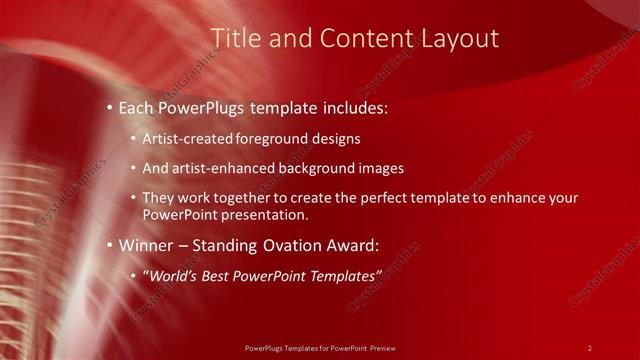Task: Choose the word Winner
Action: [147, 245]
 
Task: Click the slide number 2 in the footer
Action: [590, 347]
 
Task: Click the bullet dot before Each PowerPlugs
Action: [108, 107]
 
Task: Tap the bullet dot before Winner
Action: [108, 245]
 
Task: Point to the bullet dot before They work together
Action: [133, 198]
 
